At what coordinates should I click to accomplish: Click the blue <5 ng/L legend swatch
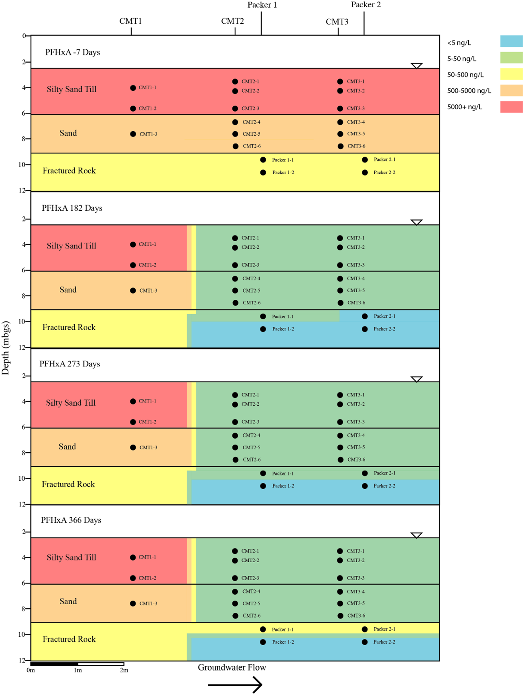pos(511,41)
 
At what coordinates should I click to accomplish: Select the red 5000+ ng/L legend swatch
pos(511,107)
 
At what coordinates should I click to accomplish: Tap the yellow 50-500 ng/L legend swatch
pos(511,74)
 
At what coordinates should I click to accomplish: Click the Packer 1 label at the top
pos(262,5)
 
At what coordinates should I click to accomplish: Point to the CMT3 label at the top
pos(337,22)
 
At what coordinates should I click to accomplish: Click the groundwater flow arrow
pos(235,685)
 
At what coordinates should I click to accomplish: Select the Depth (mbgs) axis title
pos(6,347)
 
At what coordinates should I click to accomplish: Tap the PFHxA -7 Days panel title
pos(73,53)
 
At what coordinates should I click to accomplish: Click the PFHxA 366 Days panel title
pos(71,520)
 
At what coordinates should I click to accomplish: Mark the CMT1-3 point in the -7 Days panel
pos(133,134)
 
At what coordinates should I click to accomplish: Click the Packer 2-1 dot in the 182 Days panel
pos(365,316)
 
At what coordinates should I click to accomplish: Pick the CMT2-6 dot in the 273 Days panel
pos(236,459)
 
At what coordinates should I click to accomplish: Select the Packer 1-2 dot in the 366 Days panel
pos(263,642)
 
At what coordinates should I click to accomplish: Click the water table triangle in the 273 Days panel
pos(416,379)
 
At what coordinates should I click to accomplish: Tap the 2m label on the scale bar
pos(124,670)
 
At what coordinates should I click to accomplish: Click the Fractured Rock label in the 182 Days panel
pos(69,327)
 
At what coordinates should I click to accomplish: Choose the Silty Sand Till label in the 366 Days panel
pos(71,557)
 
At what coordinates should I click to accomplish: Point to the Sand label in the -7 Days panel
pos(68,133)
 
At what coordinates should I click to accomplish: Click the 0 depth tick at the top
pos(24,36)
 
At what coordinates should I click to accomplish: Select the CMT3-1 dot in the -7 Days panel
pos(340,81)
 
